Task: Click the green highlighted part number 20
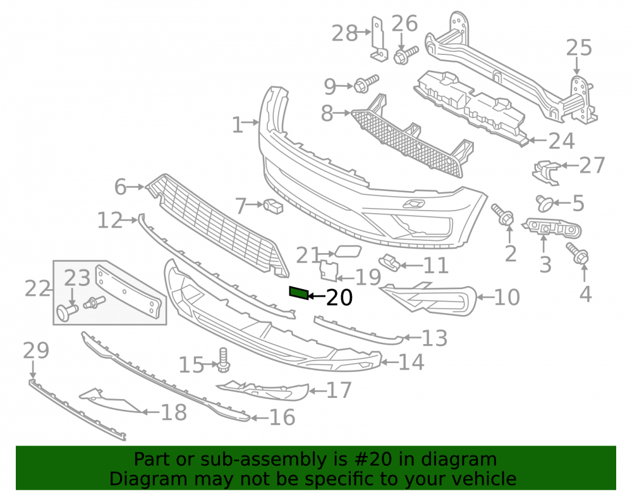pyautogui.click(x=299, y=293)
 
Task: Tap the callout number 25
pyautogui.click(x=579, y=47)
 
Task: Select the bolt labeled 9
pyautogui.click(x=366, y=83)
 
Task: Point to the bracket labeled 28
pyautogui.click(x=378, y=39)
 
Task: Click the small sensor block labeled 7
pyautogui.click(x=273, y=206)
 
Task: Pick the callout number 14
pyautogui.click(x=411, y=362)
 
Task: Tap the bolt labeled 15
pyautogui.click(x=223, y=360)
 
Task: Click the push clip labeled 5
pyautogui.click(x=544, y=203)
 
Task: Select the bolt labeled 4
pyautogui.click(x=578, y=253)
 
